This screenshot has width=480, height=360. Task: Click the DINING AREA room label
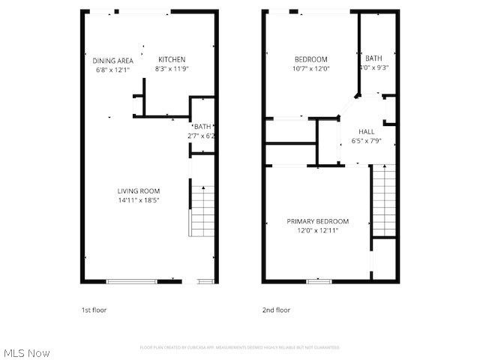tap(113, 61)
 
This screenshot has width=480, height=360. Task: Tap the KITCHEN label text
tap(172, 60)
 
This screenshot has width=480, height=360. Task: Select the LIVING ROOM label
tap(139, 191)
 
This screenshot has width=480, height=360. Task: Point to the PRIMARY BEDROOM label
tap(318, 221)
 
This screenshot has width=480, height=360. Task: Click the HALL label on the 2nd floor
tap(367, 131)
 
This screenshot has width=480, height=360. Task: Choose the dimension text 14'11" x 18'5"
tap(139, 200)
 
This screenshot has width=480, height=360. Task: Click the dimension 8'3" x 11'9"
tap(172, 69)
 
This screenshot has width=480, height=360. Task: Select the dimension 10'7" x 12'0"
tap(311, 69)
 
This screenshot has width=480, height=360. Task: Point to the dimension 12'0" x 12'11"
tap(318, 230)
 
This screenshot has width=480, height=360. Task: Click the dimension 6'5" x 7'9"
tap(367, 140)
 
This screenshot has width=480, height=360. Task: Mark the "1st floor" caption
tap(94, 310)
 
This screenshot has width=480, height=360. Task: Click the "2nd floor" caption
tap(276, 310)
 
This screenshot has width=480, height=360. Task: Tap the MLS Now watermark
tap(27, 352)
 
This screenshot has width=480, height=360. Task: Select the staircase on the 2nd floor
tap(383, 201)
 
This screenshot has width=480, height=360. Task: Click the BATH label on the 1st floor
tap(203, 127)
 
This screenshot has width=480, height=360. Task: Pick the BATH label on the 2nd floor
tap(373, 58)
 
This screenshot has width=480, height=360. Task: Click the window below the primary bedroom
tap(319, 281)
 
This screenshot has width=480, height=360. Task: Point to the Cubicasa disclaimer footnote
tap(240, 347)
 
